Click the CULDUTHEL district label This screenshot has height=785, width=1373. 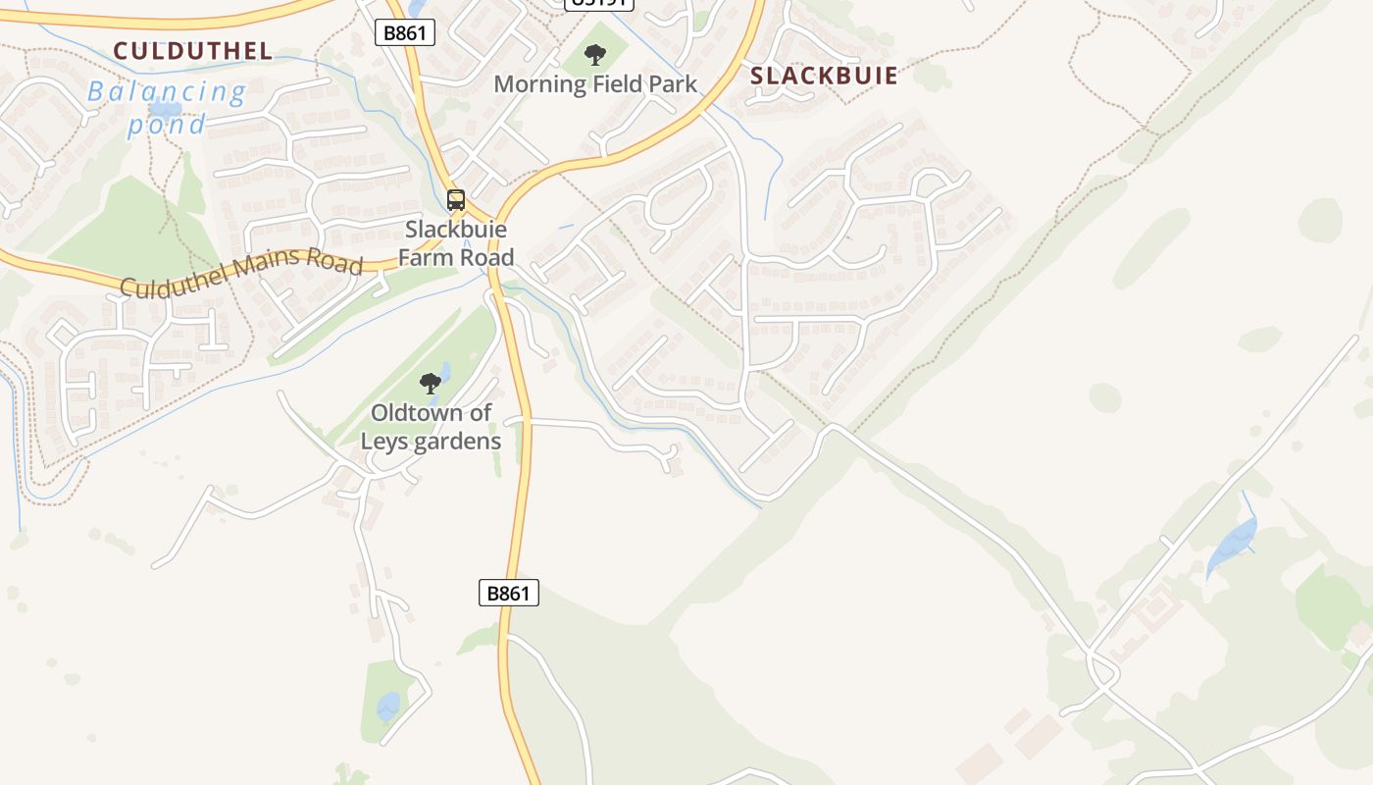192,51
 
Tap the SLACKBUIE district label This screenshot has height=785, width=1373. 824,76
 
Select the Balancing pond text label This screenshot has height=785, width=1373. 167,108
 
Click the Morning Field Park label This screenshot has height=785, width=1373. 595,83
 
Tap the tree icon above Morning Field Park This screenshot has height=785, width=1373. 594,54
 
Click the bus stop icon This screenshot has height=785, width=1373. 455,200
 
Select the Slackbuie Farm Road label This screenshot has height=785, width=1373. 456,243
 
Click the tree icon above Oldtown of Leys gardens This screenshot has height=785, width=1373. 430,383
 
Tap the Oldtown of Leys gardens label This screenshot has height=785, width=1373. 431,427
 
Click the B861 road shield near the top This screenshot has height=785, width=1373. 404,32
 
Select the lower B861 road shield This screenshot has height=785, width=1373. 509,593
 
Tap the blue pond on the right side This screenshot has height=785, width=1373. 1233,543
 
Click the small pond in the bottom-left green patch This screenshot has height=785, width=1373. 388,705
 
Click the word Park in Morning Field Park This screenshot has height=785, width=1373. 672,83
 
